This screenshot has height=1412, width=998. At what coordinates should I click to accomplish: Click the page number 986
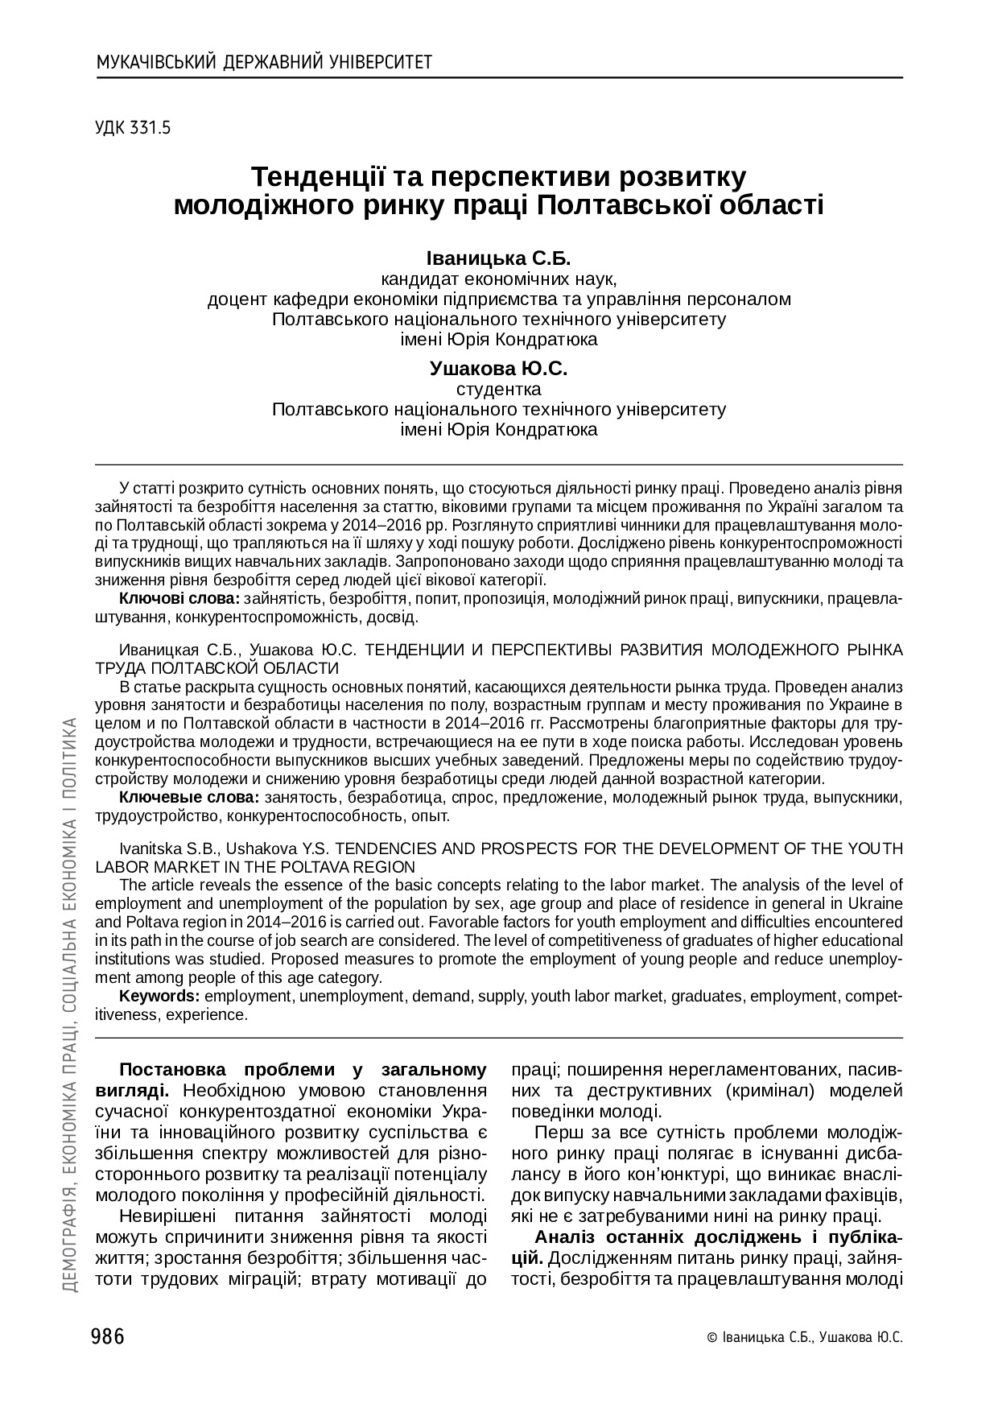pos(109,1337)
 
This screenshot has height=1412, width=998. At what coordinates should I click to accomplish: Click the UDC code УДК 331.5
pos(133,127)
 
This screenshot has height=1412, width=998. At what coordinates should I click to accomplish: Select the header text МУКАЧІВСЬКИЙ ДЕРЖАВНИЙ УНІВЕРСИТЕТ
pos(264,62)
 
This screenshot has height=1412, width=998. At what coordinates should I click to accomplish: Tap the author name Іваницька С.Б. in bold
pos(498,259)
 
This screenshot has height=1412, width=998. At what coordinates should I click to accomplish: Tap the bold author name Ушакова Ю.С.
pos(498,370)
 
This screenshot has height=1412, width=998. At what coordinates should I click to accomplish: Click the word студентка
pos(498,390)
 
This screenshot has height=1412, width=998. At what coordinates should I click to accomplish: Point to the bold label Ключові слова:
pos(179,599)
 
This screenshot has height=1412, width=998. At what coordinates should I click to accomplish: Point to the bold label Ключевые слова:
pos(188,798)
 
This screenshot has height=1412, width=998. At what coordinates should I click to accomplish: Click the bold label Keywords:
pos(159,997)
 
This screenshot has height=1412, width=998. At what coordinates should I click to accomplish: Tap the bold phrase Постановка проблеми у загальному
pos(303,1070)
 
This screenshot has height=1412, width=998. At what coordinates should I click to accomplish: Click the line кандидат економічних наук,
pos(498,279)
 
